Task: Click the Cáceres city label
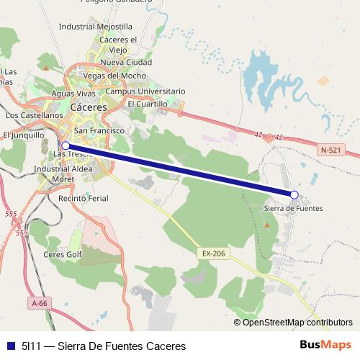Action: click(x=89, y=107)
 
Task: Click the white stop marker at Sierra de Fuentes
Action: click(x=294, y=194)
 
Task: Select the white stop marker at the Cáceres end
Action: click(x=66, y=145)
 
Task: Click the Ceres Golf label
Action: click(x=63, y=253)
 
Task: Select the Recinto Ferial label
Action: click(x=83, y=197)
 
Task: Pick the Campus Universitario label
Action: click(x=145, y=91)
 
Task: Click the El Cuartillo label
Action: click(x=148, y=104)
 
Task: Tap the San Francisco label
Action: click(x=99, y=130)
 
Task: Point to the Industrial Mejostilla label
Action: click(x=96, y=26)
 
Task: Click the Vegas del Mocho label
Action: click(x=115, y=76)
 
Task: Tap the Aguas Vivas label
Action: click(x=74, y=94)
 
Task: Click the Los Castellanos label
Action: click(x=34, y=114)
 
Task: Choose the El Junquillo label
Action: click(x=24, y=135)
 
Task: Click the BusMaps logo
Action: click(x=326, y=345)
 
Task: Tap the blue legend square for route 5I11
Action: click(x=11, y=346)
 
